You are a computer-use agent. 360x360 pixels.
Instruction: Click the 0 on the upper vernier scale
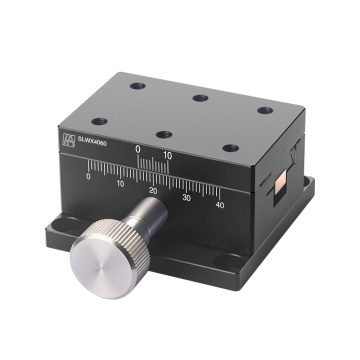point(139,153)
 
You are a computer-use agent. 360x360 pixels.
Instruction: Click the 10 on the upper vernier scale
point(168,155)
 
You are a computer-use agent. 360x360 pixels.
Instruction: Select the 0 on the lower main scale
point(89,177)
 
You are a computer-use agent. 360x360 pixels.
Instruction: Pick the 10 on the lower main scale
point(120,183)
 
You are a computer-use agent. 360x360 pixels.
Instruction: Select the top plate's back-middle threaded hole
point(200,97)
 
